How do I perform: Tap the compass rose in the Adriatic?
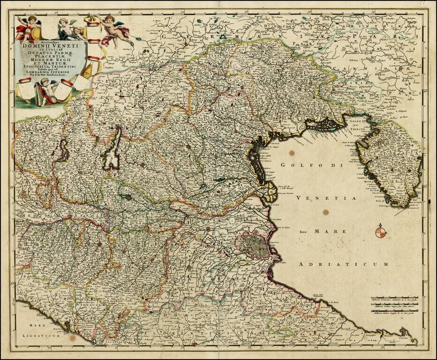pyautogui.click(x=381, y=232)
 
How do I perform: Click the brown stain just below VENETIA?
pyautogui.click(x=325, y=212)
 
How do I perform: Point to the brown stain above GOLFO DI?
pyautogui.click(x=292, y=153)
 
